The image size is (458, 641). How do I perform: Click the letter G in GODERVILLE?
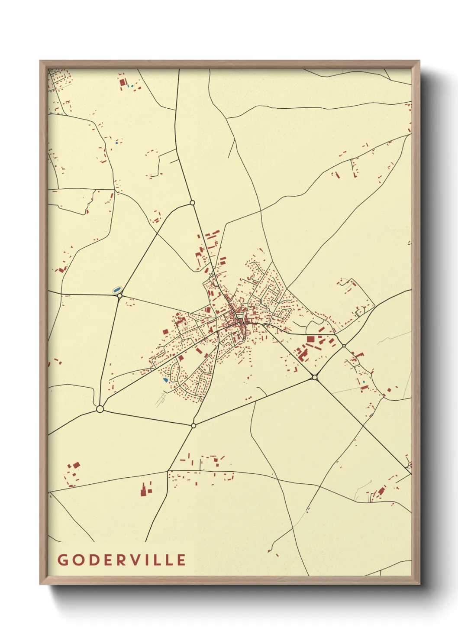coord(63,560)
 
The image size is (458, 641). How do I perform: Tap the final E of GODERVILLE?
coord(182,560)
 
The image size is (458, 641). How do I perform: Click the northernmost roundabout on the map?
coord(192,203)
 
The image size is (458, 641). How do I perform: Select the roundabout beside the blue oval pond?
coord(120,296)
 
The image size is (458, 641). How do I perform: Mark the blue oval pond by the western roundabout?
coord(116,289)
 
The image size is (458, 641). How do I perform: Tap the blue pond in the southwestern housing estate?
coord(165,380)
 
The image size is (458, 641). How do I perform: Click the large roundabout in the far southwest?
coord(100,409)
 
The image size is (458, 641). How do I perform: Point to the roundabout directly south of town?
coord(194,426)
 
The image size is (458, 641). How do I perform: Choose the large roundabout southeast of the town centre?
coord(315,378)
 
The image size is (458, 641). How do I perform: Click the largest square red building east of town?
coord(310,340)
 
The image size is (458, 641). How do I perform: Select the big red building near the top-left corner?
coord(122,81)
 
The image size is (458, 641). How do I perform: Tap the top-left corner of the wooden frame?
coord(40,61)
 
